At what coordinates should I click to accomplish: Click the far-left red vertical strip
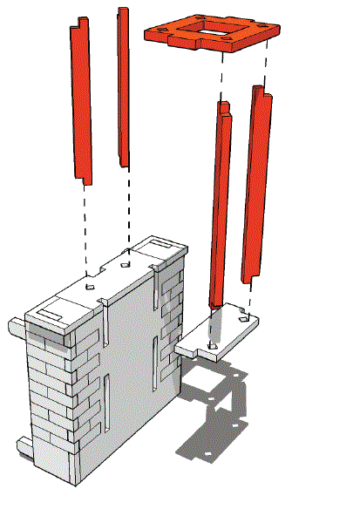click(81, 105)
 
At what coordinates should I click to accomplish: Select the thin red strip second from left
click(124, 96)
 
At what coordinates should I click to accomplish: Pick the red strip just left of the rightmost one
click(222, 205)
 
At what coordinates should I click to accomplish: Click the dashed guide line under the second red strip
click(129, 209)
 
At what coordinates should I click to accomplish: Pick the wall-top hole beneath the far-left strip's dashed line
click(89, 284)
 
